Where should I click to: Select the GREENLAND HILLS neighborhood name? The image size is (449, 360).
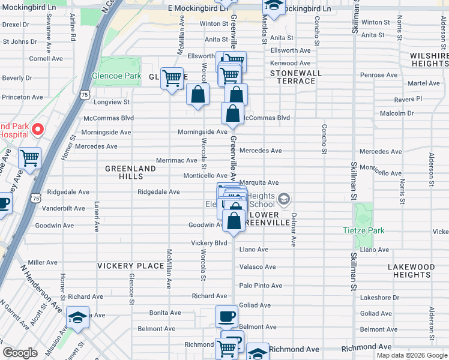click(130, 169)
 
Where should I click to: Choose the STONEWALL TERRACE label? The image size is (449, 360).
click(292, 77)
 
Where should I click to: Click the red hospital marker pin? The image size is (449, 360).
click(37, 129)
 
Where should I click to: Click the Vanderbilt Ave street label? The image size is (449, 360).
click(63, 208)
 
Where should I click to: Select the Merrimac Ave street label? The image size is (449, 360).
click(176, 161)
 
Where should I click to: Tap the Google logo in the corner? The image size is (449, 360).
click(20, 353)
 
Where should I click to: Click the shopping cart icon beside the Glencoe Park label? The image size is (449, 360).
click(172, 79)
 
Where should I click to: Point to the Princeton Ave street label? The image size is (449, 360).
click(22, 97)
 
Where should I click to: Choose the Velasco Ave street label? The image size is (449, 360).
click(258, 267)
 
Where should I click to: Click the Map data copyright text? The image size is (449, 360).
click(411, 355)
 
